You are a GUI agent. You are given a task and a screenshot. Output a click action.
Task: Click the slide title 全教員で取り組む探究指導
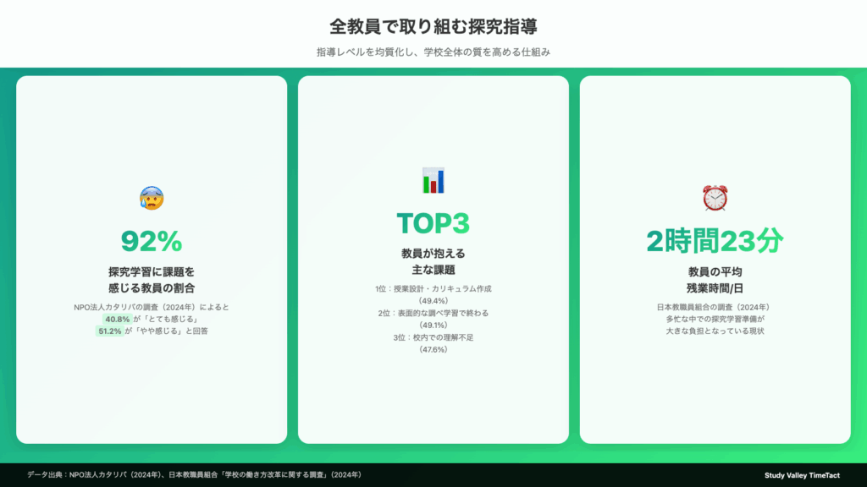click(x=433, y=26)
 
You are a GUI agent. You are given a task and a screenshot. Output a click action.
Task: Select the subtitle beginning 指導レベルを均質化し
click(x=433, y=52)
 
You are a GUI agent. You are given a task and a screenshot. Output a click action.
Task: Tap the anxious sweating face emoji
click(x=152, y=198)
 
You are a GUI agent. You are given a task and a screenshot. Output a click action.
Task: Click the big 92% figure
click(x=152, y=241)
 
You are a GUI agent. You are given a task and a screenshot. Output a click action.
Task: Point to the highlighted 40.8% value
click(x=117, y=319)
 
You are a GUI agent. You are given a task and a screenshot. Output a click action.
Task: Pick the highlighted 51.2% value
click(x=109, y=331)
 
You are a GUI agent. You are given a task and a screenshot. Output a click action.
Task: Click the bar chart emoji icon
click(x=433, y=181)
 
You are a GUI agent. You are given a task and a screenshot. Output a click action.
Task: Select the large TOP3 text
click(x=433, y=223)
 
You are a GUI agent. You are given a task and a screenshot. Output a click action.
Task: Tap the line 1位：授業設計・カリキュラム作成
click(x=433, y=289)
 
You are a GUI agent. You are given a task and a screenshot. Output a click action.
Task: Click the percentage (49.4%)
click(x=433, y=301)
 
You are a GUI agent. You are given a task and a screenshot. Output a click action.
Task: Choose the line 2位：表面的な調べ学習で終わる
click(x=433, y=313)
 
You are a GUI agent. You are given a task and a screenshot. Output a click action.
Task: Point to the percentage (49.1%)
click(x=433, y=326)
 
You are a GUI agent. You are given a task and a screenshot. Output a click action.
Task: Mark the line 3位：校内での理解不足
click(x=433, y=337)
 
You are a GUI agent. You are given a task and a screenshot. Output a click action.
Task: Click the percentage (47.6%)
click(x=433, y=349)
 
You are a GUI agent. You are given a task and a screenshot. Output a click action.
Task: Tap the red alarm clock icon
click(x=715, y=198)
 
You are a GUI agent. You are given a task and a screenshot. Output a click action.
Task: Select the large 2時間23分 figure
click(x=715, y=241)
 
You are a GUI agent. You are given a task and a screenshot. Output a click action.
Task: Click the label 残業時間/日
click(x=715, y=288)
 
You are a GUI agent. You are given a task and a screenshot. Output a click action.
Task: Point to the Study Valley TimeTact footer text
click(x=802, y=475)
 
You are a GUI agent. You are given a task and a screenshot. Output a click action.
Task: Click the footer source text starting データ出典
click(x=195, y=475)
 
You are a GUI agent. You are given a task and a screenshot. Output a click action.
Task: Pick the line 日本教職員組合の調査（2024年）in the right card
click(x=715, y=307)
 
